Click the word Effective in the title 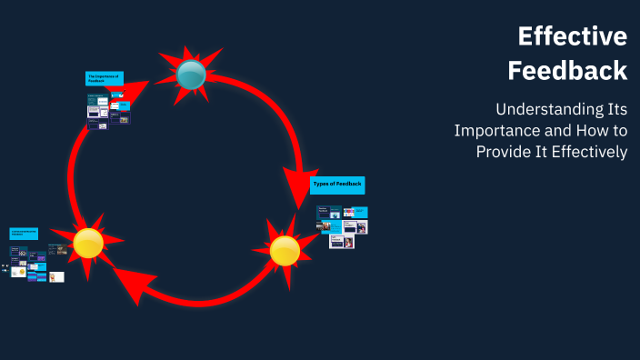point(573,36)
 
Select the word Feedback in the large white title point(567,70)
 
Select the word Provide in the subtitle point(505,152)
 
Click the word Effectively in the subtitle point(588,152)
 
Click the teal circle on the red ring point(191,75)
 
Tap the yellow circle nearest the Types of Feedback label point(285,251)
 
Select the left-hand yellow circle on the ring point(88,243)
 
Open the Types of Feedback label point(337,185)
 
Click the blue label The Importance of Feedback point(104,79)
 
